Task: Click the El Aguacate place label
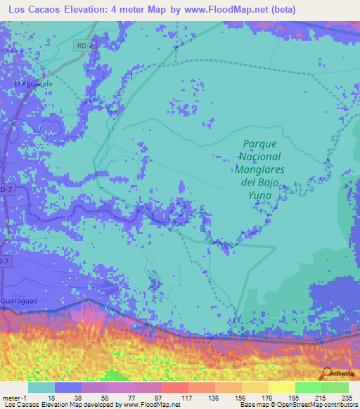click(33, 84)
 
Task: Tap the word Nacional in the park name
click(261, 156)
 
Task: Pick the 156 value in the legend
click(241, 397)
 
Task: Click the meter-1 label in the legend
click(14, 397)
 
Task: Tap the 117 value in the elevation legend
click(188, 397)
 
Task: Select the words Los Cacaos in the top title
click(34, 10)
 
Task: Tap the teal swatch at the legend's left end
click(41, 387)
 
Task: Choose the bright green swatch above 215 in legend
click(308, 387)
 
